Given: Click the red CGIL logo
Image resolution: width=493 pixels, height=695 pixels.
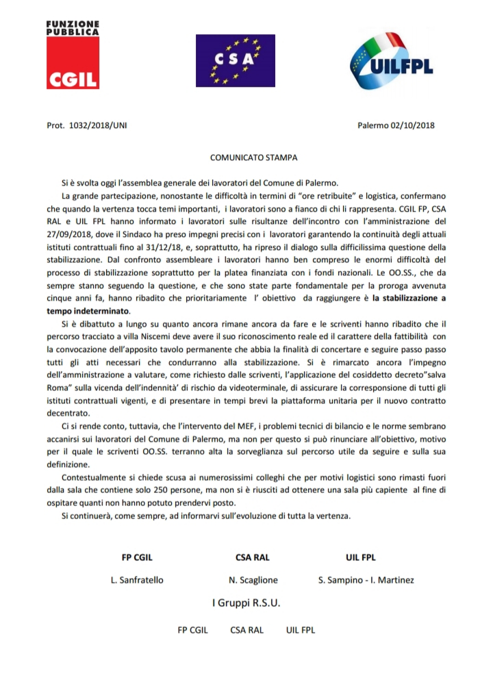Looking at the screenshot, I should tap(73, 63).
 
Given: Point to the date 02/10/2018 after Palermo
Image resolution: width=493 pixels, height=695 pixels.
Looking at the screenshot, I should tap(412, 126).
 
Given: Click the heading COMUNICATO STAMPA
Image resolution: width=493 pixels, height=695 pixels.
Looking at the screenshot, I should tap(253, 157).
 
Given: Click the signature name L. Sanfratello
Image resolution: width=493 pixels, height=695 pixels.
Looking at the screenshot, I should tap(137, 580).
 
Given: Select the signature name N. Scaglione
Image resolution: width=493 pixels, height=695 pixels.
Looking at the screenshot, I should tap(253, 580).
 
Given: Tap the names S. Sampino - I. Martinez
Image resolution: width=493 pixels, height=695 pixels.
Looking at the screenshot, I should tap(366, 580).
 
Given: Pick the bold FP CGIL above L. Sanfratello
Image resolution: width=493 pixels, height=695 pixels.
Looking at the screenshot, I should tap(137, 557).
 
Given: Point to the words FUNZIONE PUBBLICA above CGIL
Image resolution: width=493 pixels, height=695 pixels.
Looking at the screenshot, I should tap(73, 27).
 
